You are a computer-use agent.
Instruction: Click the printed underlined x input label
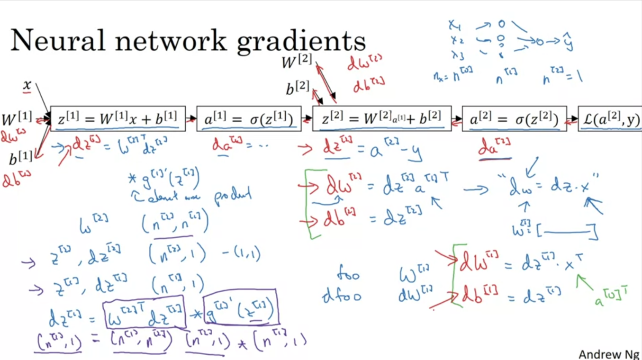[x=27, y=85]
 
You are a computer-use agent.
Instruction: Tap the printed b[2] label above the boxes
[x=298, y=88]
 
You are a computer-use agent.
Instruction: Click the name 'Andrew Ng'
[x=609, y=354]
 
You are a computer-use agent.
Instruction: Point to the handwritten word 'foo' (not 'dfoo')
[x=348, y=274]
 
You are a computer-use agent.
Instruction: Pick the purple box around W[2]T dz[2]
[x=144, y=313]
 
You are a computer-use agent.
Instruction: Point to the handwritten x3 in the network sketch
[x=457, y=56]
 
